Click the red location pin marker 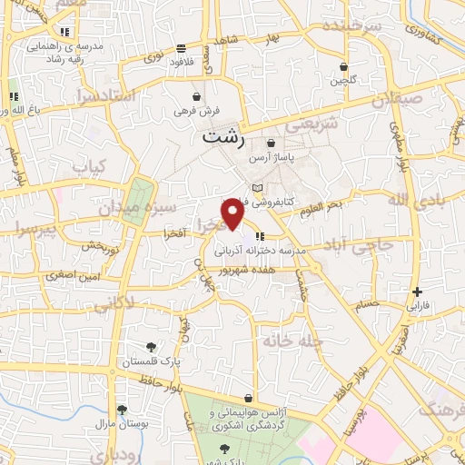(233, 213)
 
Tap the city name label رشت (223, 138)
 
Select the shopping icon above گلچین (343, 66)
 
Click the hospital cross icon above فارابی (417, 292)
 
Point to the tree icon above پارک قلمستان (152, 346)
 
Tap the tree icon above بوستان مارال (121, 410)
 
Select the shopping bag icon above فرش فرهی (197, 96)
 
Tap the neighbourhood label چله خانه (291, 341)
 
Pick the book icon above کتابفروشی (257, 188)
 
